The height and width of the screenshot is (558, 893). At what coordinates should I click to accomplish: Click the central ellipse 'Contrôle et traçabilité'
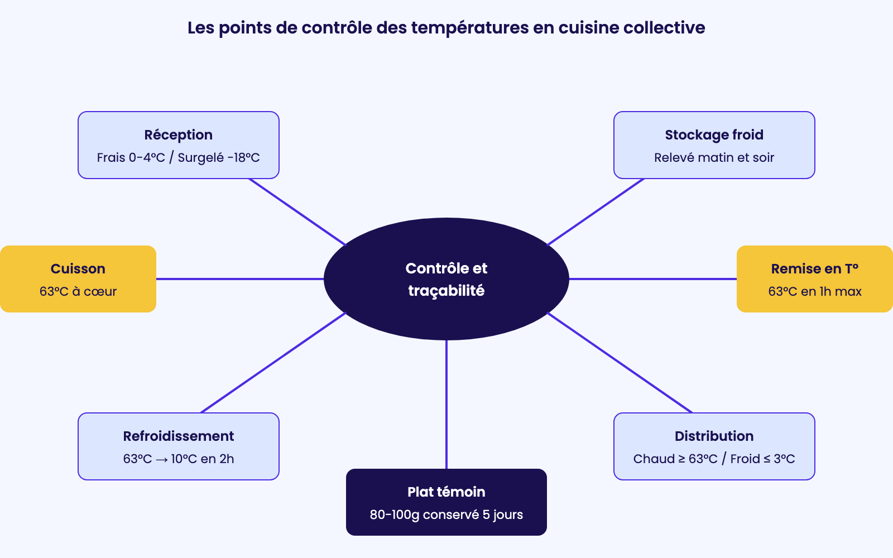pyautogui.click(x=446, y=279)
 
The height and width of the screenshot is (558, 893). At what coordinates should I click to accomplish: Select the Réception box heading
pyautogui.click(x=178, y=134)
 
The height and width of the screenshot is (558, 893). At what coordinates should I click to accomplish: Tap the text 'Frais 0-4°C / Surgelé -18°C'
pyautogui.click(x=178, y=157)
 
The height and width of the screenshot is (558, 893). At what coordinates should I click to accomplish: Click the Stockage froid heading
pyautogui.click(x=714, y=134)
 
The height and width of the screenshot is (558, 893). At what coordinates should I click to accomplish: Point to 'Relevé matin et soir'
pyautogui.click(x=714, y=157)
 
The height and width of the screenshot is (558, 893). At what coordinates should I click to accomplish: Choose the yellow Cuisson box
pyautogui.click(x=78, y=279)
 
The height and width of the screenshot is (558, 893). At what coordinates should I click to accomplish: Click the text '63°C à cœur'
pyautogui.click(x=78, y=291)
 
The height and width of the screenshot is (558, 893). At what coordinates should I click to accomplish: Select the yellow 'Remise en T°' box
pyautogui.click(x=814, y=279)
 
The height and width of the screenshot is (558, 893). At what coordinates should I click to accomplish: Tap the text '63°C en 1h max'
pyautogui.click(x=814, y=291)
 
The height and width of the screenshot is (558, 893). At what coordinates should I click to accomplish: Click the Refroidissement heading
pyautogui.click(x=178, y=436)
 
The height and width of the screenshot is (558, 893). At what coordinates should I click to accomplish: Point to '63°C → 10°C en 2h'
pyautogui.click(x=178, y=459)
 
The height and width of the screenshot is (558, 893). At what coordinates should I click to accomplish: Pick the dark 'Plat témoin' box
pyautogui.click(x=446, y=502)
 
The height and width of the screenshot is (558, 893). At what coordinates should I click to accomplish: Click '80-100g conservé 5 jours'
pyautogui.click(x=446, y=514)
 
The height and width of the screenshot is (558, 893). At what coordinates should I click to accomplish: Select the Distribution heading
pyautogui.click(x=714, y=436)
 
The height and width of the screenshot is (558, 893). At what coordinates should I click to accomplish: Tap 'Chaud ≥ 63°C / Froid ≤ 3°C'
pyautogui.click(x=714, y=459)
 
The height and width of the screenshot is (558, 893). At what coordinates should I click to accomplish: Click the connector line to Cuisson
pyautogui.click(x=240, y=279)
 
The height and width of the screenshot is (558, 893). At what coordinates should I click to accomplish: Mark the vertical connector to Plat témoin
pyautogui.click(x=446, y=405)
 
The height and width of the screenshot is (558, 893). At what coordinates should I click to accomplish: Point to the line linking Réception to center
pyautogui.click(x=297, y=211)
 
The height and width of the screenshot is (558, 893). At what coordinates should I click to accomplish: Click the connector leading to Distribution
pyautogui.click(x=620, y=363)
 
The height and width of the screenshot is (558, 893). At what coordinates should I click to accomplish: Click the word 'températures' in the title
pyautogui.click(x=469, y=28)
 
